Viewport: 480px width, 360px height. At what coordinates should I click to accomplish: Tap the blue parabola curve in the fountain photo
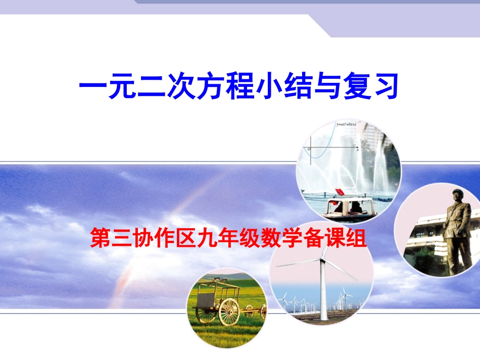click(x=323, y=146)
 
